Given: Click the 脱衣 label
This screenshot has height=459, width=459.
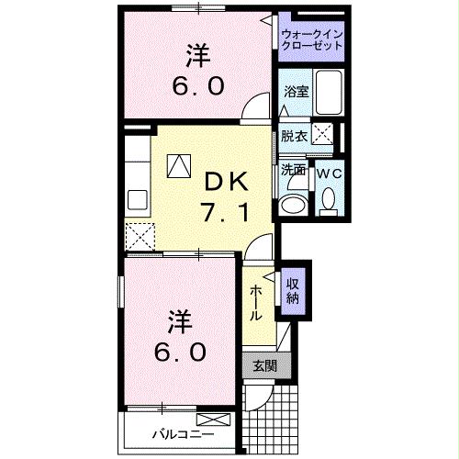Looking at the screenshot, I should [x=294, y=135].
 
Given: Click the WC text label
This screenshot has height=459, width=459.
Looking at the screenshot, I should [x=328, y=171].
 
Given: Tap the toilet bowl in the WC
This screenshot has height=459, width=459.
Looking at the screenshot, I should [x=328, y=199].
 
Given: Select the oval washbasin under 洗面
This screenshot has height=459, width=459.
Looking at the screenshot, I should [x=296, y=204].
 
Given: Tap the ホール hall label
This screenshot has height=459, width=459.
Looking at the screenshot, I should [x=258, y=300].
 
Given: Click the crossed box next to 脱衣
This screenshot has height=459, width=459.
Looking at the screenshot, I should [x=322, y=133].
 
